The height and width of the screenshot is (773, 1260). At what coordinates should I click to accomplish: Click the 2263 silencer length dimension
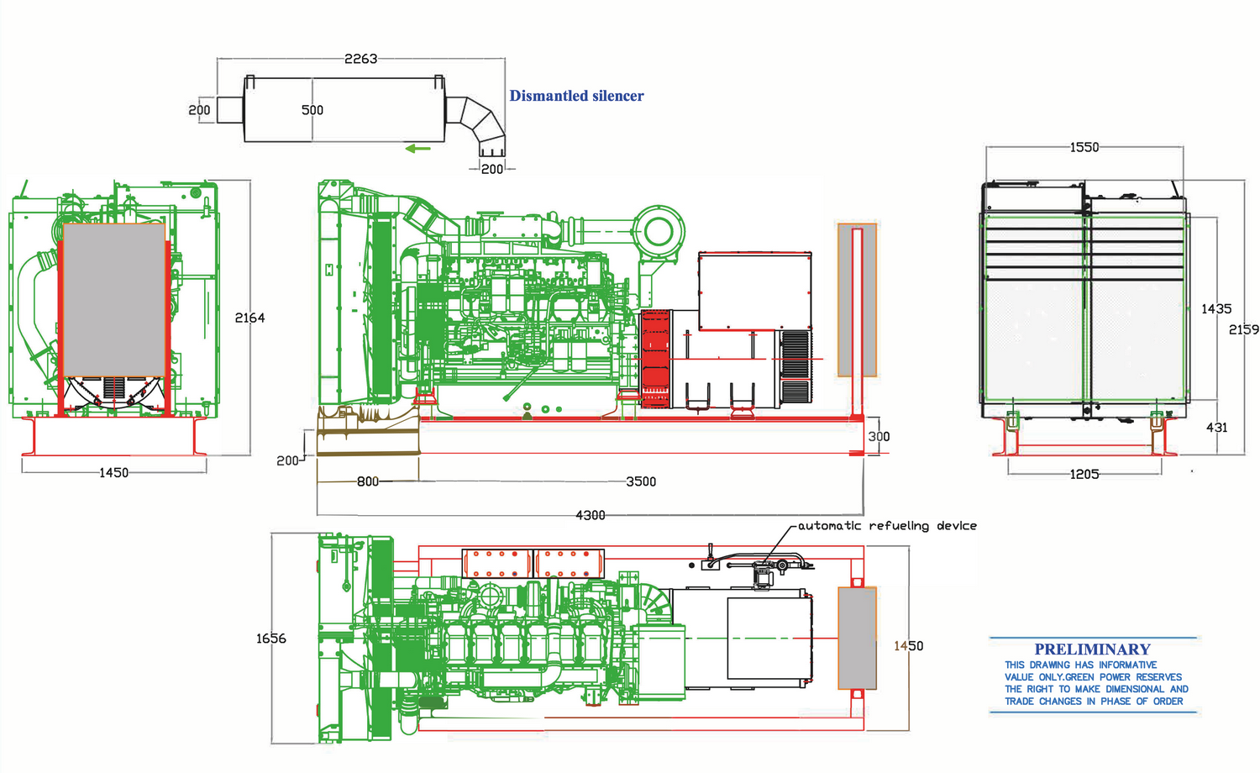click(x=360, y=59)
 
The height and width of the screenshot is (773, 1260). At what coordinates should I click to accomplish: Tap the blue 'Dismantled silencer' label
click(x=576, y=96)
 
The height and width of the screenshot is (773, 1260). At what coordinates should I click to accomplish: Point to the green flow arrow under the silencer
click(x=418, y=149)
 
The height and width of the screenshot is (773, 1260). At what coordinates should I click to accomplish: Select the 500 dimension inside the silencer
click(x=312, y=110)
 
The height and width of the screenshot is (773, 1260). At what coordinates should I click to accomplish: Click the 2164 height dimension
click(x=249, y=318)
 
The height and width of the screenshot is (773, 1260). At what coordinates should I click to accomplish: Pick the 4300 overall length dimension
click(x=590, y=515)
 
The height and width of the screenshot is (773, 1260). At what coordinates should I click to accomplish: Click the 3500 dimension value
click(x=641, y=481)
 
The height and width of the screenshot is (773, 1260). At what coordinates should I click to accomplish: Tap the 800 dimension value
click(x=368, y=481)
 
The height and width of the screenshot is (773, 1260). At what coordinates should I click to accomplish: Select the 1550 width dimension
click(x=1084, y=147)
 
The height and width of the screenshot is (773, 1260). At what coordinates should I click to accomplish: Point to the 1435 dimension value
click(x=1216, y=309)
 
